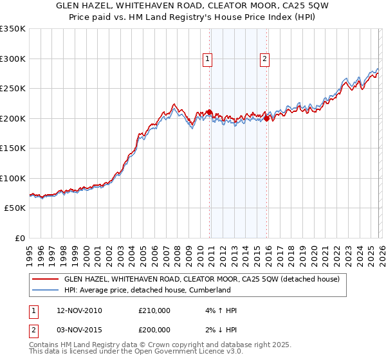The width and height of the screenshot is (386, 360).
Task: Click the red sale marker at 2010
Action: [x=210, y=112]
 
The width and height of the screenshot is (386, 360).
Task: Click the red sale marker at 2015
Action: [x=266, y=118]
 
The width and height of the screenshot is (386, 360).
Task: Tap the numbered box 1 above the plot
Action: [x=208, y=59]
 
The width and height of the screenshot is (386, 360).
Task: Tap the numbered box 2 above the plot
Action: [x=264, y=59]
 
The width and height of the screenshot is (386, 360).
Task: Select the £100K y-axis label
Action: [x=13, y=179]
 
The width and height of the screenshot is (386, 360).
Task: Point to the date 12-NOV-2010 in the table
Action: [x=79, y=310]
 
